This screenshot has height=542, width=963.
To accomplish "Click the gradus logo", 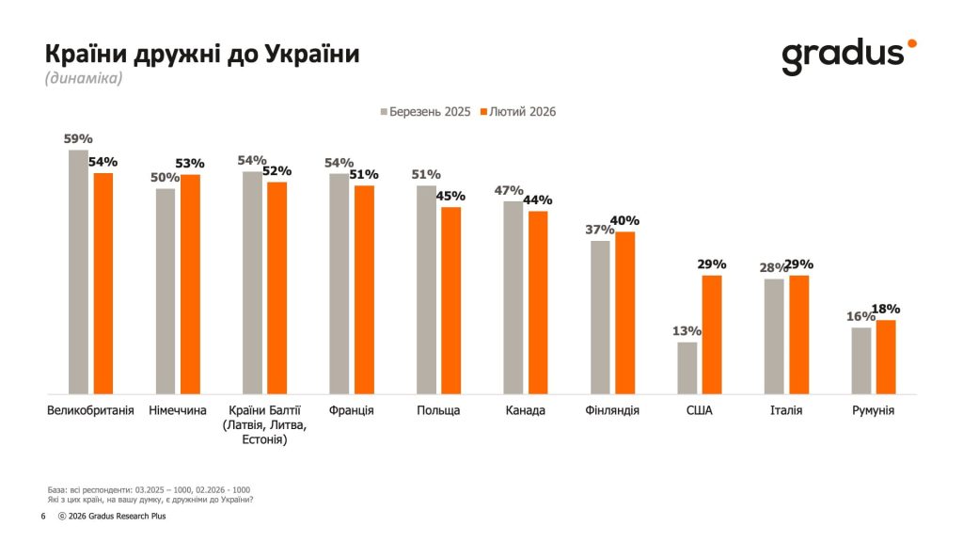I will (846, 56).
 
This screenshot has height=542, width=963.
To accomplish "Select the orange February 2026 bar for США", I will (712, 334).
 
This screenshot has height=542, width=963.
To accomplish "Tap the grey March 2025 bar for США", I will (687, 368).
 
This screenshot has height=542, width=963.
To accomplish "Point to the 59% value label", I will (77, 139).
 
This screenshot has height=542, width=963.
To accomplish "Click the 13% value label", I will (687, 331).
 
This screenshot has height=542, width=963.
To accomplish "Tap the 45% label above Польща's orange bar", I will (452, 196).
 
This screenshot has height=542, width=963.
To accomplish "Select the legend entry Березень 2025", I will (425, 111).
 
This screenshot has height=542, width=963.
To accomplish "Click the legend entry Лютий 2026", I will (518, 111).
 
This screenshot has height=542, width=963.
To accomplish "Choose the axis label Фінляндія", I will (611, 411).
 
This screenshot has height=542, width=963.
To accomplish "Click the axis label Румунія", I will (873, 411).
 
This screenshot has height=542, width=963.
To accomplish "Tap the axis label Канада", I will (525, 411).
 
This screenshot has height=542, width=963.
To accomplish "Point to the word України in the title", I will (313, 54).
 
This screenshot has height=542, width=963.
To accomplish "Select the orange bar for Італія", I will (799, 334).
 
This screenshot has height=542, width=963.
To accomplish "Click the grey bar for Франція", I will (339, 283).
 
